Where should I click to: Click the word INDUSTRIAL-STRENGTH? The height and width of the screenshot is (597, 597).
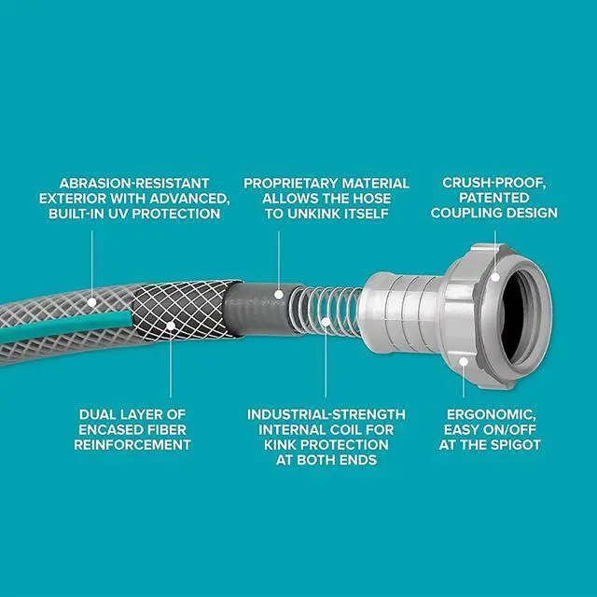tap(326, 413)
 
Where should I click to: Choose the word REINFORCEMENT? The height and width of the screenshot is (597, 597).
tap(132, 445)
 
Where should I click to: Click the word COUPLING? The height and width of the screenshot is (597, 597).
tap(471, 214)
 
